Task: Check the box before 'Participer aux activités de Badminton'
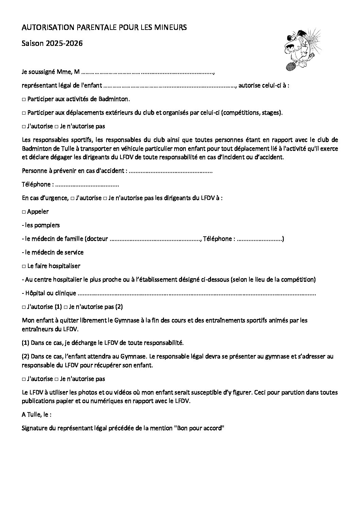24,100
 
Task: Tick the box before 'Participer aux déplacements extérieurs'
24,113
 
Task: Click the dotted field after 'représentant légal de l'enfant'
169,86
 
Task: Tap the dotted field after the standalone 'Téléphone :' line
87,185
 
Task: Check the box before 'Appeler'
24,212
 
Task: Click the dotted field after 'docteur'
155,239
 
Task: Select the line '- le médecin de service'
53,252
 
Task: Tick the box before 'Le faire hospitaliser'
24,266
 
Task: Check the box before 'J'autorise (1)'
24,307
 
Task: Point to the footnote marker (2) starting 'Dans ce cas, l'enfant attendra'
26,357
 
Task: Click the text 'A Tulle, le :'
37,415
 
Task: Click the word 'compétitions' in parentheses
241,113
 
